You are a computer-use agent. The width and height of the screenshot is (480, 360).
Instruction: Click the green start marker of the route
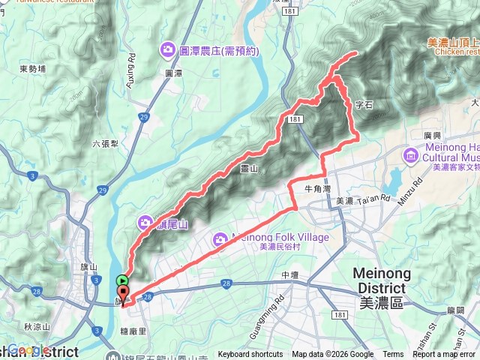click(x=123, y=280)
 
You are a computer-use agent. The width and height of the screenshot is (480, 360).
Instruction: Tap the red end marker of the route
click(x=123, y=292)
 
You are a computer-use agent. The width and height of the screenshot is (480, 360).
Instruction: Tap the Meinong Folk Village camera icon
click(x=220, y=238)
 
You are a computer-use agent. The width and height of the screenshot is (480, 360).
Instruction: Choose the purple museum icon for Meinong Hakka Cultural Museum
click(x=410, y=155)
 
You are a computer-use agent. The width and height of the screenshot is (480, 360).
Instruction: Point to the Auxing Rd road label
click(x=132, y=68)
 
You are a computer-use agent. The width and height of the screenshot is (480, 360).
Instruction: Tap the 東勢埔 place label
click(x=33, y=69)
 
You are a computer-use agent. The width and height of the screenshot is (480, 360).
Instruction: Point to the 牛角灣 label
click(x=317, y=189)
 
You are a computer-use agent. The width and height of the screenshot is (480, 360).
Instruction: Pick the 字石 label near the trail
click(x=364, y=106)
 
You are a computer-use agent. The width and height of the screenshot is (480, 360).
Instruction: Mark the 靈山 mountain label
click(x=248, y=170)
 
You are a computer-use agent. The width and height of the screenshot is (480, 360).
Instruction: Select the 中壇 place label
click(x=290, y=275)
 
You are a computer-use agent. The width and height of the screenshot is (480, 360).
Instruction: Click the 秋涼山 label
click(x=36, y=326)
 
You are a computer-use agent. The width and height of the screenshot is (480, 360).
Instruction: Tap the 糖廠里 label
click(x=146, y=318)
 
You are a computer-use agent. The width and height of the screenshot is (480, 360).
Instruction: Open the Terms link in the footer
click(x=393, y=355)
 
